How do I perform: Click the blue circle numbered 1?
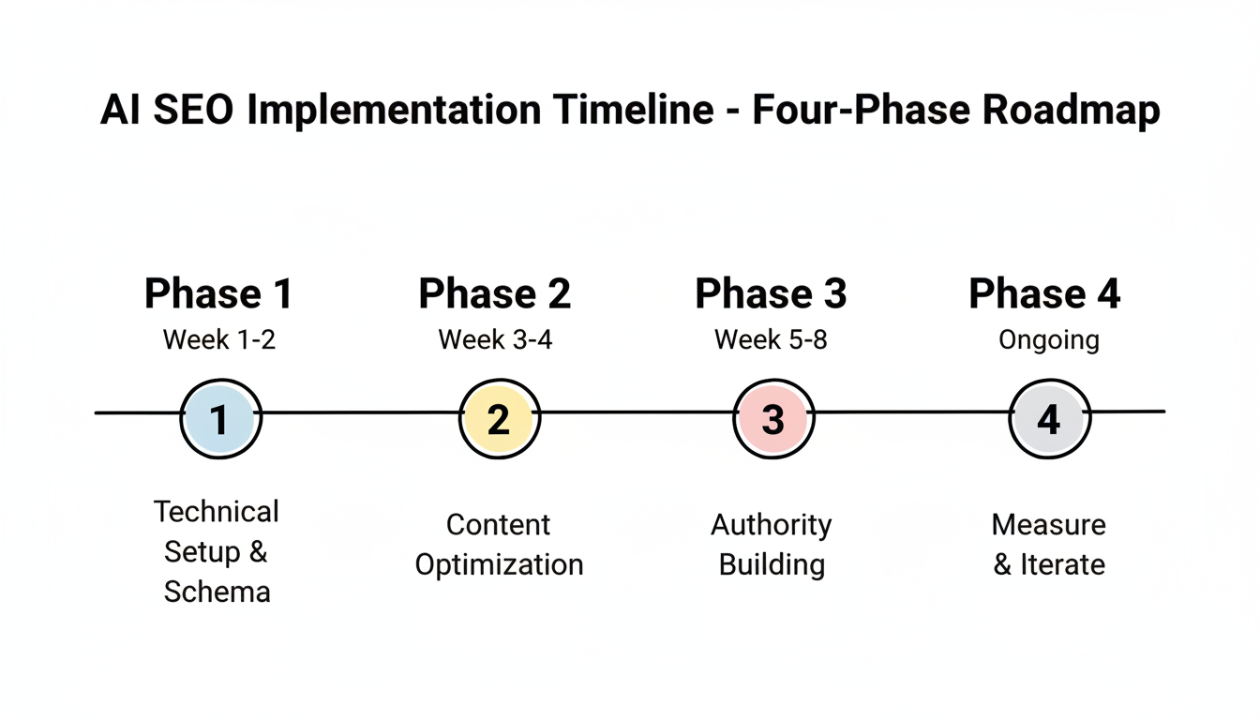coord(220,419)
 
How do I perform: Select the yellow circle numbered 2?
coord(499,419)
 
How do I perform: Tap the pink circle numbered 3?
coord(772,419)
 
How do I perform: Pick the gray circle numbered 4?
coord(1048,419)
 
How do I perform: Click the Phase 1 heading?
coord(218,293)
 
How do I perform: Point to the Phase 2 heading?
coord(494,293)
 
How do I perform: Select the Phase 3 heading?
coord(771,293)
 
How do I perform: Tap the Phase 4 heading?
coord(1044,293)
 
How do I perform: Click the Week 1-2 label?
coord(219,339)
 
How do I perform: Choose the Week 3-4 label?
coord(495,339)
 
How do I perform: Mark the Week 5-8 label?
coord(771,339)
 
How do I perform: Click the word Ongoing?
coord(1048,339)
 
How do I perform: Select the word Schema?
coord(217,592)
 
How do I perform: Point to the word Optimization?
coord(499,565)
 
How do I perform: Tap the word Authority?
coord(771,525)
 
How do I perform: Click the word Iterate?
coord(1062,565)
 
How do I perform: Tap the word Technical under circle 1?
coord(217,512)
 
